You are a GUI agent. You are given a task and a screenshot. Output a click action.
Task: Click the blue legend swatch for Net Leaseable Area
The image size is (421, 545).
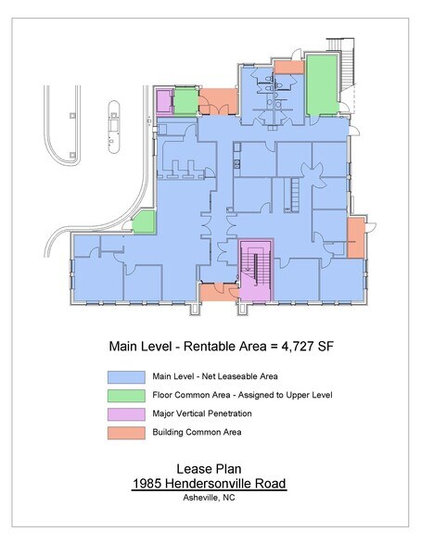point(127,377)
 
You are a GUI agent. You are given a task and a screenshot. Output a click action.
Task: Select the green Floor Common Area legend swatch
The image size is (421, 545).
point(127,395)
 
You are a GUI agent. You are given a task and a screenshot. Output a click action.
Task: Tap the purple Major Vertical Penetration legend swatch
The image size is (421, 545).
point(127,412)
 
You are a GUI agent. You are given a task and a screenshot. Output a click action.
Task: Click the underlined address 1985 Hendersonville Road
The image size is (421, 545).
point(210,484)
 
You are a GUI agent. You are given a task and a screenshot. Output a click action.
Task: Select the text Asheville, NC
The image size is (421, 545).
point(210,498)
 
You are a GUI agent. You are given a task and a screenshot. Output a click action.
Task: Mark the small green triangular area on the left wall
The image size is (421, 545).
point(144,223)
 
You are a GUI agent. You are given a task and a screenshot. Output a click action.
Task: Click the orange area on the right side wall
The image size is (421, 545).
point(356,237)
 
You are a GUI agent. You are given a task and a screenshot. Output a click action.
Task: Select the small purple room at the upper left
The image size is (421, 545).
point(164,100)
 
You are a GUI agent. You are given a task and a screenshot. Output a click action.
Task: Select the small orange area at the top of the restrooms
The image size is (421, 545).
point(288,67)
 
